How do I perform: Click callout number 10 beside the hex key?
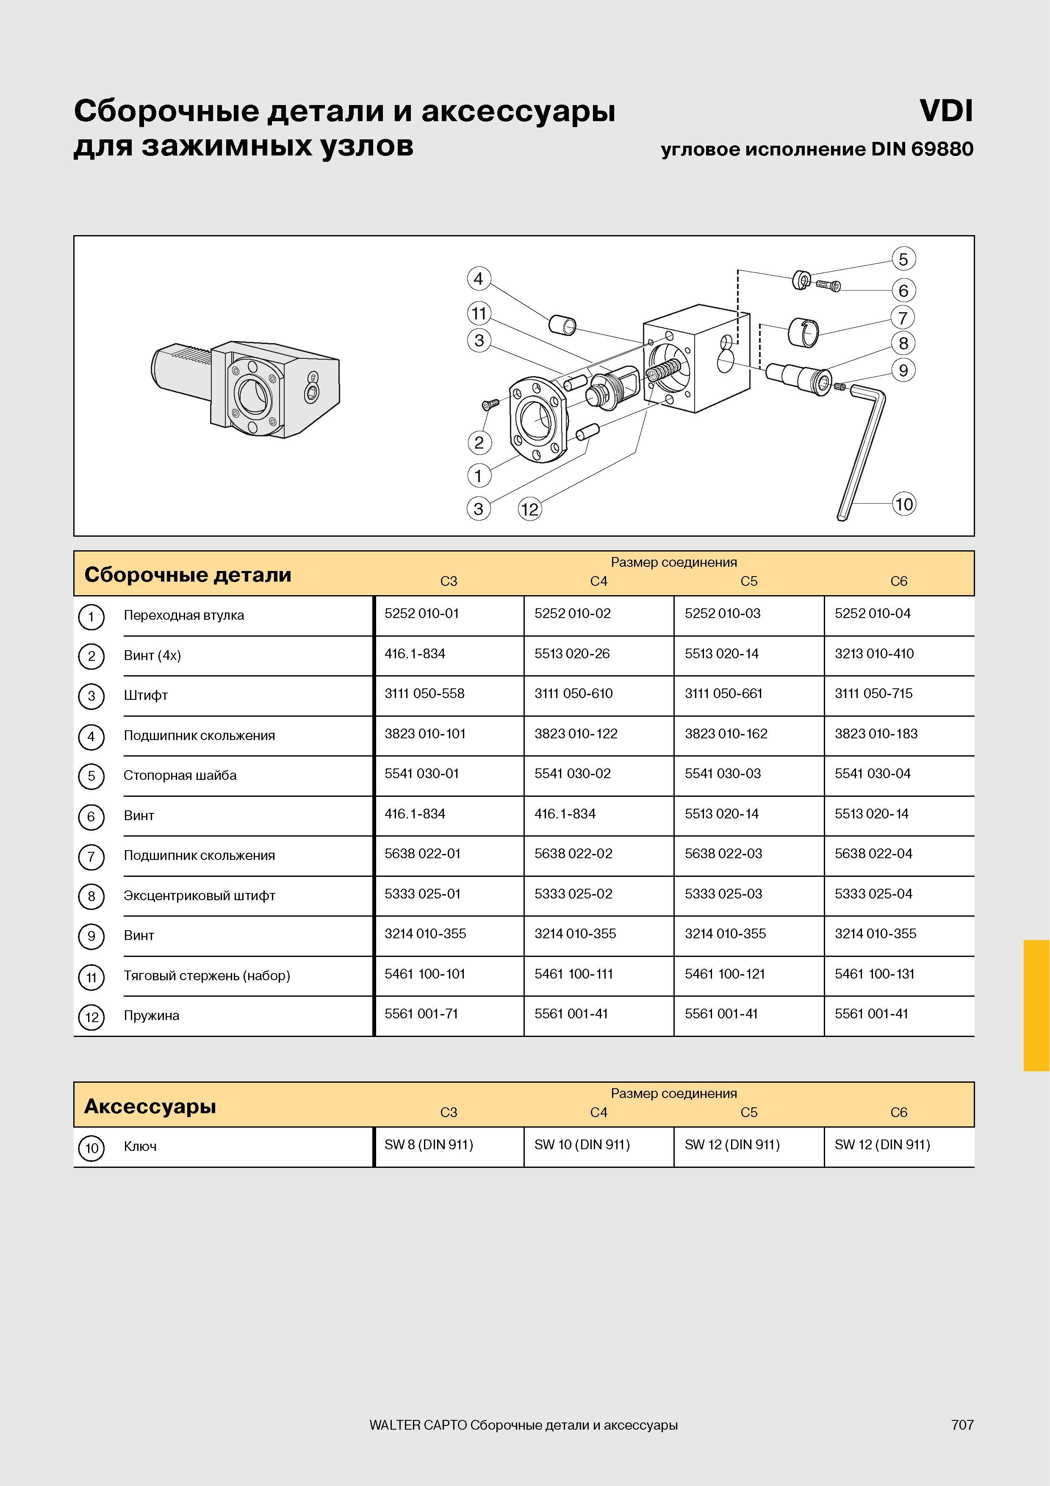click(x=904, y=504)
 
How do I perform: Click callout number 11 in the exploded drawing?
click(x=479, y=314)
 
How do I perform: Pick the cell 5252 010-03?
click(x=723, y=613)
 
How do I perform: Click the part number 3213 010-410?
click(x=874, y=654)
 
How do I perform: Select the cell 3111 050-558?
click(x=424, y=694)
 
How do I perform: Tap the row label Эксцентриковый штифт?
click(x=199, y=896)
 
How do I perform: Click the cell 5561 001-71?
click(x=421, y=1014)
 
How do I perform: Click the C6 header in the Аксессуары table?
click(x=899, y=1112)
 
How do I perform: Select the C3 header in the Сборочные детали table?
click(x=449, y=581)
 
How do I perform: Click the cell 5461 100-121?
click(x=725, y=974)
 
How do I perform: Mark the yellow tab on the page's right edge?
click(x=1036, y=1006)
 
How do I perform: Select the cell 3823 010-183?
click(x=876, y=734)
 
